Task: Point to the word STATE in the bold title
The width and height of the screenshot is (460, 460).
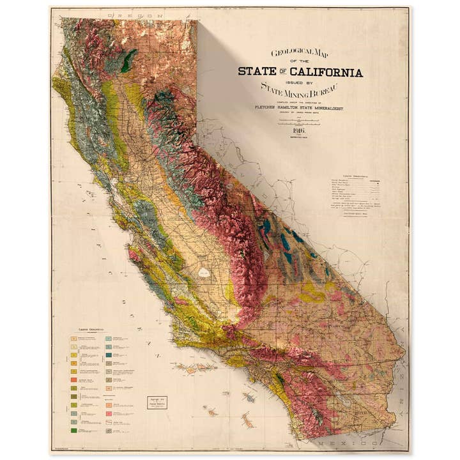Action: [256, 72]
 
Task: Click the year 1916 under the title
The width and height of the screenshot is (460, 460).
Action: [299, 130]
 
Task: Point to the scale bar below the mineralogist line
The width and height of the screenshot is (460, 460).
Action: [299, 121]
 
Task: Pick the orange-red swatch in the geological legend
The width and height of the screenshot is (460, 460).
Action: [74, 380]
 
